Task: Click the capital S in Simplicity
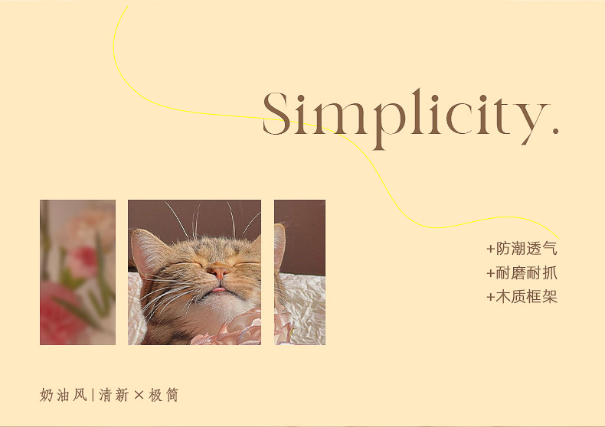[276, 113]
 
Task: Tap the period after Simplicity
[555, 131]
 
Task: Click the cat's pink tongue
[218, 289]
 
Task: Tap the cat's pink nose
[219, 272]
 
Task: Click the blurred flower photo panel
[77, 272]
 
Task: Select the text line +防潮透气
[522, 249]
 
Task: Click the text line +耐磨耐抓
[522, 273]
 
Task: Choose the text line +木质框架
[522, 297]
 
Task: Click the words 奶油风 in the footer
[64, 395]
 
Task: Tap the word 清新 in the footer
[114, 395]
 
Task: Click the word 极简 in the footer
[164, 395]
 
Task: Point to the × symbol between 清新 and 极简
[139, 395]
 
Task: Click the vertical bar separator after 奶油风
[93, 395]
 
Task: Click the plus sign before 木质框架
[490, 297]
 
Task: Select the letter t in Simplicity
[502, 116]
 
